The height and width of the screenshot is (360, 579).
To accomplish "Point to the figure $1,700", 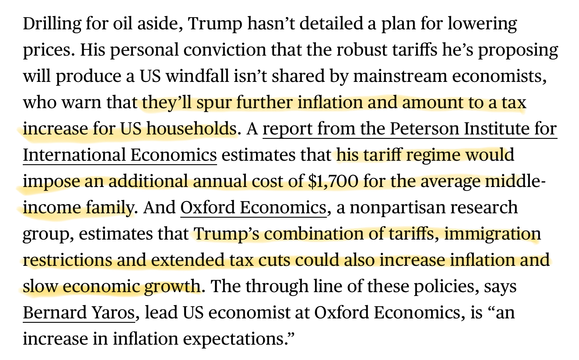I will pyautogui.click(x=334, y=181).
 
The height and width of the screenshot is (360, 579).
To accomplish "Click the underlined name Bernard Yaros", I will pyautogui.click(x=78, y=313).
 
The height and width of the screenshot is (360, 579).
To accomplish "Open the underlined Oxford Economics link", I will pyautogui.click(x=253, y=207).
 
